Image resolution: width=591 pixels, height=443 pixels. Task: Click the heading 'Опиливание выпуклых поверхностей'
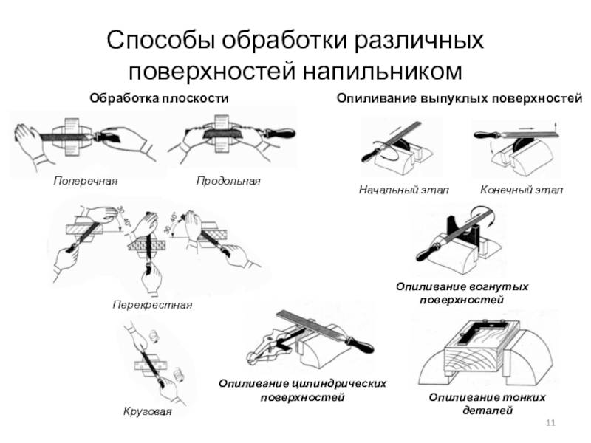460,97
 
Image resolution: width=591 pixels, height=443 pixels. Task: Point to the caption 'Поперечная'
86,180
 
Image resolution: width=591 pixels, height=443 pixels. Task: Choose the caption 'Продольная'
228,180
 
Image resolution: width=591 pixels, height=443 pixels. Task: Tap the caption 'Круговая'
147,411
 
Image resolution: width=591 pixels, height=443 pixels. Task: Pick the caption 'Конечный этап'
522,190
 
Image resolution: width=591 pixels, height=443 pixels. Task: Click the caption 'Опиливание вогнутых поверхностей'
462,293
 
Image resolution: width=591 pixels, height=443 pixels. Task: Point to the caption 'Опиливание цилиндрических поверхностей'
303,391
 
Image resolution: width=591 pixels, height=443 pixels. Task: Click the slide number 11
549,422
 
